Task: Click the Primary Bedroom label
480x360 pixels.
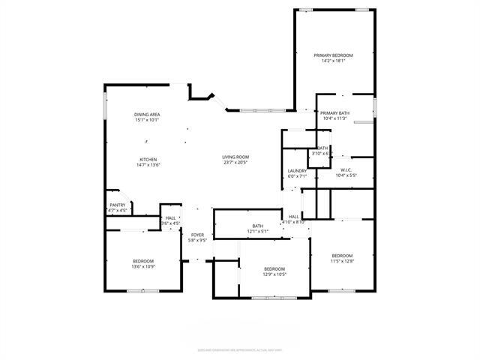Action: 333,55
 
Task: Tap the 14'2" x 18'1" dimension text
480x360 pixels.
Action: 333,61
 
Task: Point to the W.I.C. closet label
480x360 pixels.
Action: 346,170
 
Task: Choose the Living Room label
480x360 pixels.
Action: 235,157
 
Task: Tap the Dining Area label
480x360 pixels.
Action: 147,114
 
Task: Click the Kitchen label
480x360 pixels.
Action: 148,159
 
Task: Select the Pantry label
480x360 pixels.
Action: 118,205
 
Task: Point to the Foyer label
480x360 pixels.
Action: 197,235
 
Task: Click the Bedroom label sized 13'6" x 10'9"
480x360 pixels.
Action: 143,260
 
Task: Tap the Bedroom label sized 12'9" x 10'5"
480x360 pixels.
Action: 274,268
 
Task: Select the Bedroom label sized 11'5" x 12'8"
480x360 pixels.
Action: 342,255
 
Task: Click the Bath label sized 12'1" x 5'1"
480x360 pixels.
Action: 257,226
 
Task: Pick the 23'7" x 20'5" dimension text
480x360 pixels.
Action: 235,163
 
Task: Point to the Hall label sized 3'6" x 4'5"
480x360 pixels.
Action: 170,218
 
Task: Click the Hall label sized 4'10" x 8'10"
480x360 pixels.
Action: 294,216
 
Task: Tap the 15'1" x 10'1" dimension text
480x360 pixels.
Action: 147,120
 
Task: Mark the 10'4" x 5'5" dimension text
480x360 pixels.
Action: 346,176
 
